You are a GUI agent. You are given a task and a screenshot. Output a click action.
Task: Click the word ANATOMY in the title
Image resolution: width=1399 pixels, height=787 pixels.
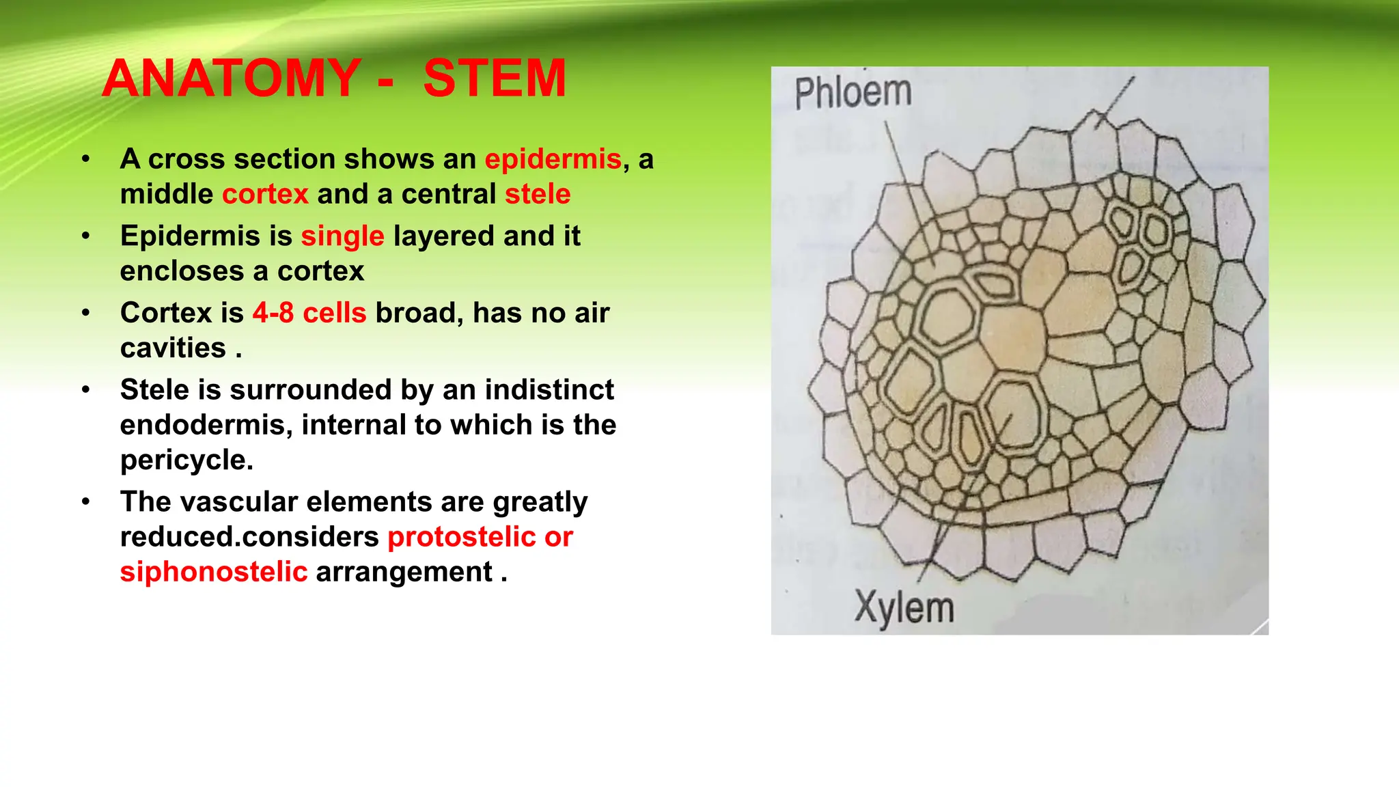232,79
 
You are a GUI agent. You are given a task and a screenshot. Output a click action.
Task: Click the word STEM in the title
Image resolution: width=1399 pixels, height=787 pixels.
495,79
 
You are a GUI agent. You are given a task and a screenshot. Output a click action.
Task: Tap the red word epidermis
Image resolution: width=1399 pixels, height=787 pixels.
553,159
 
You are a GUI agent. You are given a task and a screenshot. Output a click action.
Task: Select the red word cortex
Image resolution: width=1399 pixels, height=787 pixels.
265,194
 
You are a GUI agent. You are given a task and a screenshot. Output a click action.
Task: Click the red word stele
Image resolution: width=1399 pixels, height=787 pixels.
538,194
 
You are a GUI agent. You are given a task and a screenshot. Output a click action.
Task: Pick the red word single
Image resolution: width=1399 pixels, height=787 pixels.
342,236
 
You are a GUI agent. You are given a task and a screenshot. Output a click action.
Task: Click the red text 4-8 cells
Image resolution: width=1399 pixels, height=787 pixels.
309,313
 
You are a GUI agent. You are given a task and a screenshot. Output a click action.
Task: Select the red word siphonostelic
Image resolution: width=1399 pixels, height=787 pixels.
214,572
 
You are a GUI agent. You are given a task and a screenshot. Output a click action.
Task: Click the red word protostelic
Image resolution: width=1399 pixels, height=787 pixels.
461,537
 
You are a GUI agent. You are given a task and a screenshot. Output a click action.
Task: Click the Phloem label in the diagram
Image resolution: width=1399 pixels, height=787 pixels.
853,93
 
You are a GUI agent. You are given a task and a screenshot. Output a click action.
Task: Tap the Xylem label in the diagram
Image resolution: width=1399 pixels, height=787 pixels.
904,607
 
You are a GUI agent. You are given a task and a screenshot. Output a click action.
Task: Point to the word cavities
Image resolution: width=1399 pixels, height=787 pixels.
173,348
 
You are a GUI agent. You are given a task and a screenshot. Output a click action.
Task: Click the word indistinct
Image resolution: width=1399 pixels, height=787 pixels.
549,390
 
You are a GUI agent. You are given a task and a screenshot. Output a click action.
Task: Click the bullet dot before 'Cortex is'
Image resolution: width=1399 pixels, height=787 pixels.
85,313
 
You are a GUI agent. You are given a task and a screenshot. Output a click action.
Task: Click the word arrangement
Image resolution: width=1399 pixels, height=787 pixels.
404,572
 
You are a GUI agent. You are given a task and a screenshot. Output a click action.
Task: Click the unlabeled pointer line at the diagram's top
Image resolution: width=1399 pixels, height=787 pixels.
1114,102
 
